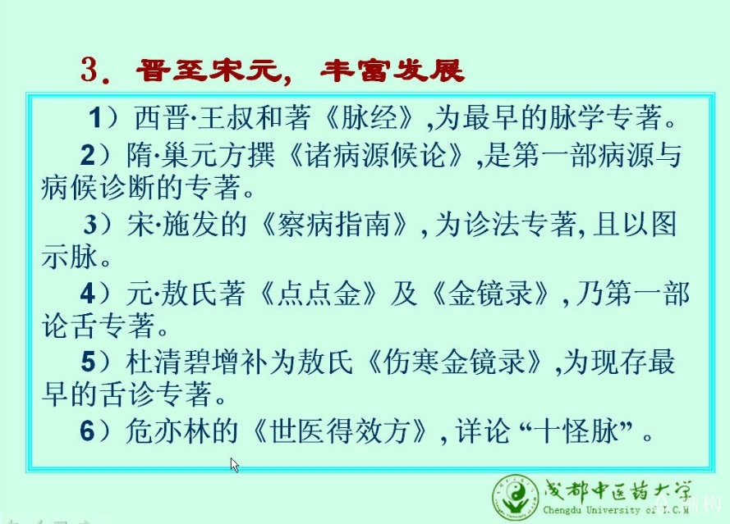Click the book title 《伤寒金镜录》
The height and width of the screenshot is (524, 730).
click(x=454, y=362)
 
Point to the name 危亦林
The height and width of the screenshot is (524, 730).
click(x=168, y=431)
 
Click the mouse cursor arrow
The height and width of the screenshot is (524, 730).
click(x=235, y=465)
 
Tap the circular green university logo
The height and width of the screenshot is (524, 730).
click(x=517, y=497)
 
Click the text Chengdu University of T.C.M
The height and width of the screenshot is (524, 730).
click(x=616, y=510)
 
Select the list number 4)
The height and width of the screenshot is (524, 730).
click(x=95, y=294)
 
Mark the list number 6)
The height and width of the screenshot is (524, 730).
click(x=95, y=431)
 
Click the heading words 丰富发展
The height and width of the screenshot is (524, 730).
click(x=392, y=71)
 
